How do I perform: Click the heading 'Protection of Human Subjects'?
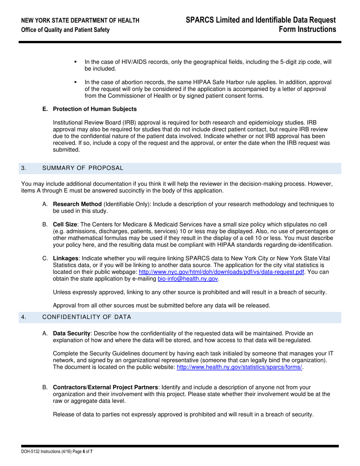[x=95, y=109]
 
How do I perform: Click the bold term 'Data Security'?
[x=72, y=333]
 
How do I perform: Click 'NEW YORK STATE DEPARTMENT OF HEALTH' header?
[x=80, y=20]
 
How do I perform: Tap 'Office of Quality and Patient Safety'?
[x=66, y=30]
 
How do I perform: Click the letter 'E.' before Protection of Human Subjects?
[x=45, y=109]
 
